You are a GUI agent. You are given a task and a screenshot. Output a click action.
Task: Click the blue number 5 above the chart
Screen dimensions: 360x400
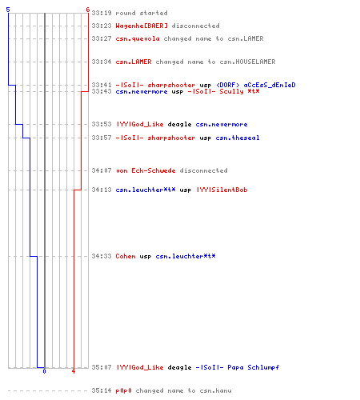(8, 10)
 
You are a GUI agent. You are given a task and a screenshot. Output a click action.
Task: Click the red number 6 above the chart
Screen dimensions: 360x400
(88, 10)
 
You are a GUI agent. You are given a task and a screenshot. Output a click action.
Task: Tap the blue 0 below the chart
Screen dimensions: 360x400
(44, 371)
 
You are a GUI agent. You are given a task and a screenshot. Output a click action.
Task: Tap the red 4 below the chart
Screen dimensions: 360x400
(74, 371)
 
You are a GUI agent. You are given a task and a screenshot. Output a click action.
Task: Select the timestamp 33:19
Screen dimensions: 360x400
(102, 13)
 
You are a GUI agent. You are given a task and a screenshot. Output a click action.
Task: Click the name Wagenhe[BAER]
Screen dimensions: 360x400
(142, 26)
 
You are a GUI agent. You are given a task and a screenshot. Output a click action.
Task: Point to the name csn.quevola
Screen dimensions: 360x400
(138, 38)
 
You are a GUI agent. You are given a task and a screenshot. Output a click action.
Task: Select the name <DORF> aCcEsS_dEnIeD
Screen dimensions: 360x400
(256, 85)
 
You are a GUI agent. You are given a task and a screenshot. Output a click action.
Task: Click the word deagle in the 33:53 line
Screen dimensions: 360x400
(179, 124)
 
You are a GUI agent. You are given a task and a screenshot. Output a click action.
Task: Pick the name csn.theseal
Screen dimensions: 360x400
(238, 138)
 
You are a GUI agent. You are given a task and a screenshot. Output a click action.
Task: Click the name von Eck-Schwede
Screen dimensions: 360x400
(146, 170)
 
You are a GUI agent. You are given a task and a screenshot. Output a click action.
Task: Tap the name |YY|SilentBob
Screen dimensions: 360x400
(222, 190)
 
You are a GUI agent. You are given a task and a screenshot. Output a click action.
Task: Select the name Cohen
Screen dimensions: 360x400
(126, 256)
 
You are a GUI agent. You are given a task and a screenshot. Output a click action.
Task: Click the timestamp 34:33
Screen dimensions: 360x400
(102, 256)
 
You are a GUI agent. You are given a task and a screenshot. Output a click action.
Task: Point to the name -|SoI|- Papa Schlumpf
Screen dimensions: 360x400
(238, 367)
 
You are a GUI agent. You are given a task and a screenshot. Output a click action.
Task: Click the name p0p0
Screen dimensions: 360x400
(123, 390)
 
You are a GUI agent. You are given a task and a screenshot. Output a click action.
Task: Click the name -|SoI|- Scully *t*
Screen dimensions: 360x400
(223, 91)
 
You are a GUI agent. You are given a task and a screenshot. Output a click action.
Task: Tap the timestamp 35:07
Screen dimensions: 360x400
(102, 367)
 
